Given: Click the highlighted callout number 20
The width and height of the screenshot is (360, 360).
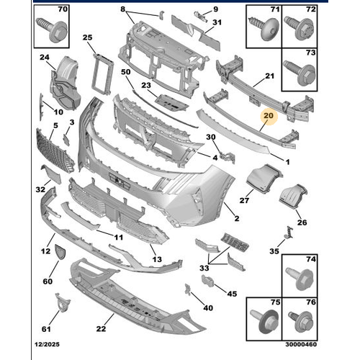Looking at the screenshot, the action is [269, 116].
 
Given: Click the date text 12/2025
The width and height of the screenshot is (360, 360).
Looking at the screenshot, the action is [47, 344].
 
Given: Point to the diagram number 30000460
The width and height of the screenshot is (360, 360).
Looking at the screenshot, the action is [301, 344].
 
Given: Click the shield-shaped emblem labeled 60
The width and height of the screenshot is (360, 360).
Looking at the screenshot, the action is [60, 252].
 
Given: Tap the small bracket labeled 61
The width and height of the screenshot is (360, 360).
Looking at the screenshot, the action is [63, 302].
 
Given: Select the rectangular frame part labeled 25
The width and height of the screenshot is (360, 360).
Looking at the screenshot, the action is [102, 74].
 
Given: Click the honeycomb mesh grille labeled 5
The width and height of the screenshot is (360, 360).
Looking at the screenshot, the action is [55, 150].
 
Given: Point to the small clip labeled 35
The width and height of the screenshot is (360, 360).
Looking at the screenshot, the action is [289, 233].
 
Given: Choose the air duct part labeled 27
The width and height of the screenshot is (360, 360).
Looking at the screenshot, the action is [264, 178].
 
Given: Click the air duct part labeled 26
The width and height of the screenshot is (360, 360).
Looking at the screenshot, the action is [293, 197].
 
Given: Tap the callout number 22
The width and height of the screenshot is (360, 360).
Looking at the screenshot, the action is [101, 328].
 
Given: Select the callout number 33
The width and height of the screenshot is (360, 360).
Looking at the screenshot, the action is [204, 268].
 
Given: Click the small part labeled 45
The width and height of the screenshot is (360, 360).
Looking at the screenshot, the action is [208, 281].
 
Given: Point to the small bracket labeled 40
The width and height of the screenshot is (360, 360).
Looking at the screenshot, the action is [188, 289].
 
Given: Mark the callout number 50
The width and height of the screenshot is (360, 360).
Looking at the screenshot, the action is [126, 72].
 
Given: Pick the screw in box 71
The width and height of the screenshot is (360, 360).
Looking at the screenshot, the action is [264, 29].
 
